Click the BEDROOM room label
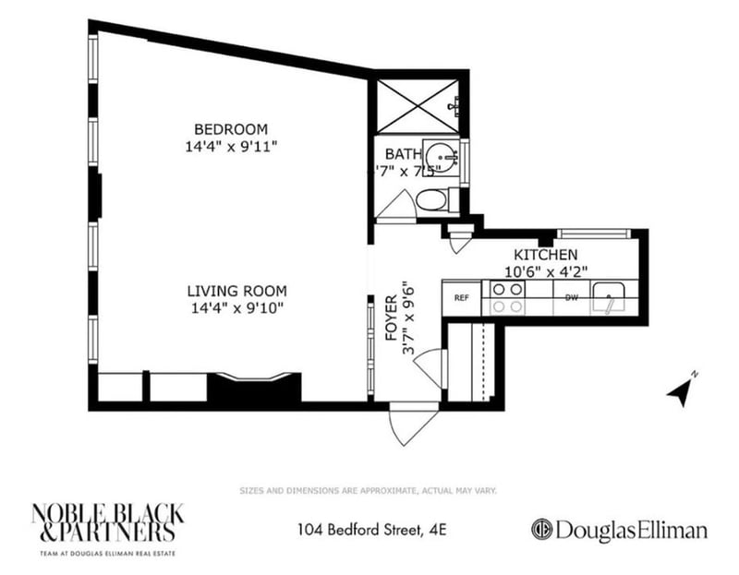[x=230, y=128]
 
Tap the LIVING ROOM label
[x=230, y=289]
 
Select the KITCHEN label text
[x=545, y=255]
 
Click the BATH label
[x=403, y=154]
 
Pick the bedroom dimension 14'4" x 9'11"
[x=230, y=146]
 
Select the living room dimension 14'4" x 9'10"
[x=230, y=306]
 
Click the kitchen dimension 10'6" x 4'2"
[x=545, y=271]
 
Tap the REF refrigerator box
[x=460, y=298]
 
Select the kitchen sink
[x=611, y=297]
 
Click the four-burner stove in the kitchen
[x=506, y=298]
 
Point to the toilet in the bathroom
[x=432, y=199]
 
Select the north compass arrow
[x=682, y=390]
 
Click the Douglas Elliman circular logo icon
[x=541, y=530]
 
